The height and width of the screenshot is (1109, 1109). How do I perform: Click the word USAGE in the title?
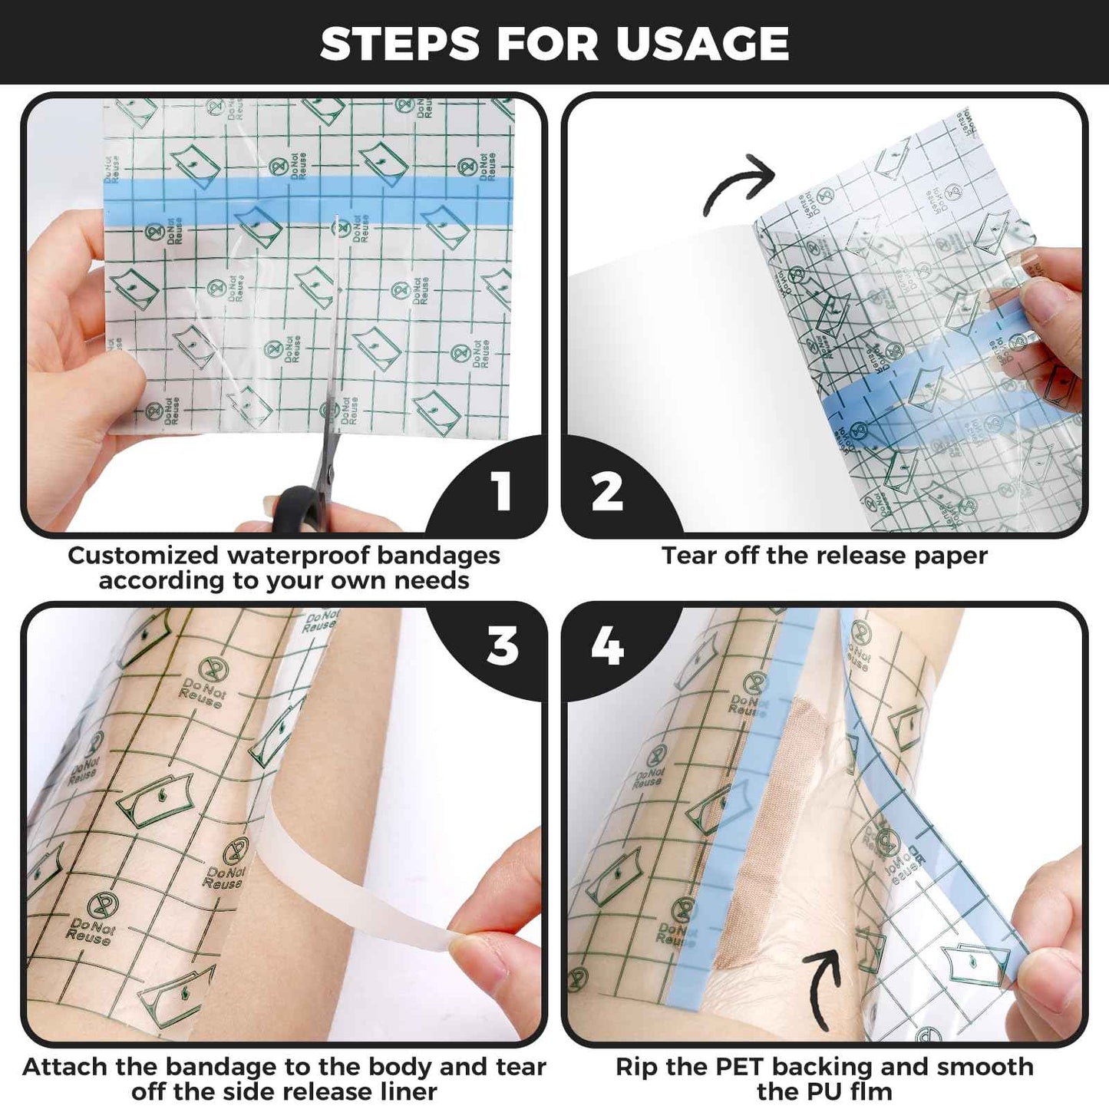pos(701,44)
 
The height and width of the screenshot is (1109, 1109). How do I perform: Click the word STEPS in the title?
pos(400,44)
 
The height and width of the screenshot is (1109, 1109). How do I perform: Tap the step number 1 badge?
pos(501,491)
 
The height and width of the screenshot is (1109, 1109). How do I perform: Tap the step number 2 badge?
pos(607,491)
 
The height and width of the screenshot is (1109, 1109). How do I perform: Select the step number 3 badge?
pos(503,646)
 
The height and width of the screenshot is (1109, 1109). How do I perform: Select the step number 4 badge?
pos(607,646)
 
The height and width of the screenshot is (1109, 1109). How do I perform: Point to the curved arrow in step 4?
pos(825,986)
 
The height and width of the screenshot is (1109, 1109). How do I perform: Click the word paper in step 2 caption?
pos(949,556)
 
